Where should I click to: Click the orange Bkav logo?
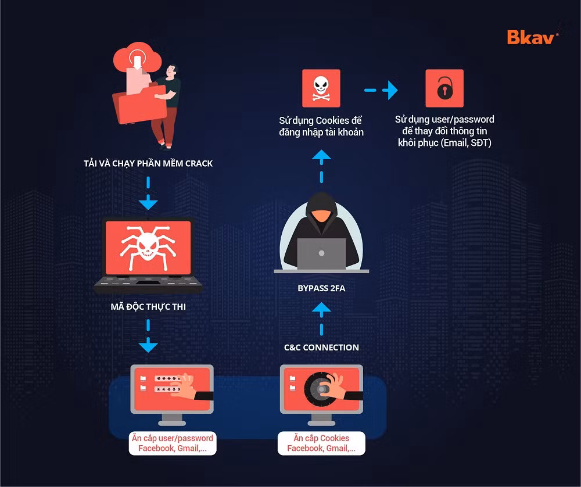point(532,37)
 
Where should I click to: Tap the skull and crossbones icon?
point(321,88)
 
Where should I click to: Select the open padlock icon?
point(444,88)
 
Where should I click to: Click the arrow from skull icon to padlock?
point(381,90)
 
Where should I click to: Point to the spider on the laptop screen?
point(148,246)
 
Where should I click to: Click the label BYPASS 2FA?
point(321,288)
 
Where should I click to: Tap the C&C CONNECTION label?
point(321,348)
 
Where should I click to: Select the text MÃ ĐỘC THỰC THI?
point(148,306)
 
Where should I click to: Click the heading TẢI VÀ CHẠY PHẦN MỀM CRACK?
point(148,163)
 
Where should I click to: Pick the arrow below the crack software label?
point(148,193)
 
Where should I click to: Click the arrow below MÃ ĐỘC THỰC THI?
point(148,336)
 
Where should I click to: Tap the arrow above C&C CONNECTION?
point(321,318)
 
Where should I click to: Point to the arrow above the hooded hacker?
point(321,166)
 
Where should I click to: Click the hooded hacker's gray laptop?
point(321,254)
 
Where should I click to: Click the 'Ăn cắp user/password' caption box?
point(173,443)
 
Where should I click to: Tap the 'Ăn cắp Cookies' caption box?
point(321,443)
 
